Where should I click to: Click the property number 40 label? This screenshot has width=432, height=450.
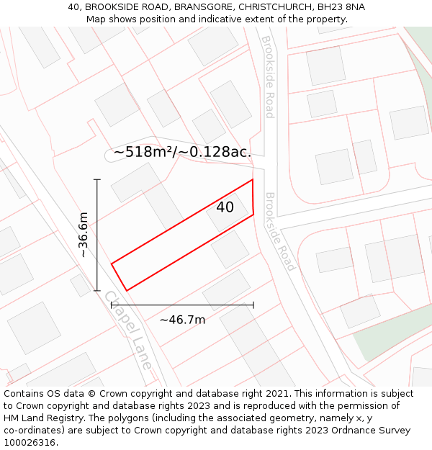point(225,207)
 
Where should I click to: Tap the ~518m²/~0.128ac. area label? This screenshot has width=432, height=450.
point(182,152)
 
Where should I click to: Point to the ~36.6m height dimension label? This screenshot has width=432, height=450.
point(84,235)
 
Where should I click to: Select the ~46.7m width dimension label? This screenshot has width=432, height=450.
point(182,320)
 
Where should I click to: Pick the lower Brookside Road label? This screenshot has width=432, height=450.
point(280,231)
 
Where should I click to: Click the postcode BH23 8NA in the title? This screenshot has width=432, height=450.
point(339,7)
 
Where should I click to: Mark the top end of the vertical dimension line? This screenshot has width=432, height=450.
point(97,179)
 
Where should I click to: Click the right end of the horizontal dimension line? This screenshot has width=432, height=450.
point(253,305)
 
